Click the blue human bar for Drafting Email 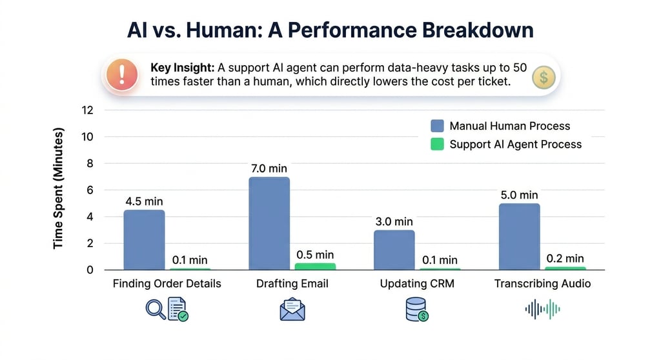point(269,223)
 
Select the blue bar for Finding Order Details point(144,239)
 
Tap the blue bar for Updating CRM point(394,250)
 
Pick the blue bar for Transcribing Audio point(519,236)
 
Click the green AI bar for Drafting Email point(315,266)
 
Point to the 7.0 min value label point(269,168)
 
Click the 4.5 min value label point(144,201)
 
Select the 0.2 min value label point(565,258)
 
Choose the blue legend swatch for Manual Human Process point(437,126)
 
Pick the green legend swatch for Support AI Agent point(437,145)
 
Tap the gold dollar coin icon point(544,78)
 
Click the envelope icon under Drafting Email point(292,310)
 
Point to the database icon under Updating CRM point(416,310)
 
